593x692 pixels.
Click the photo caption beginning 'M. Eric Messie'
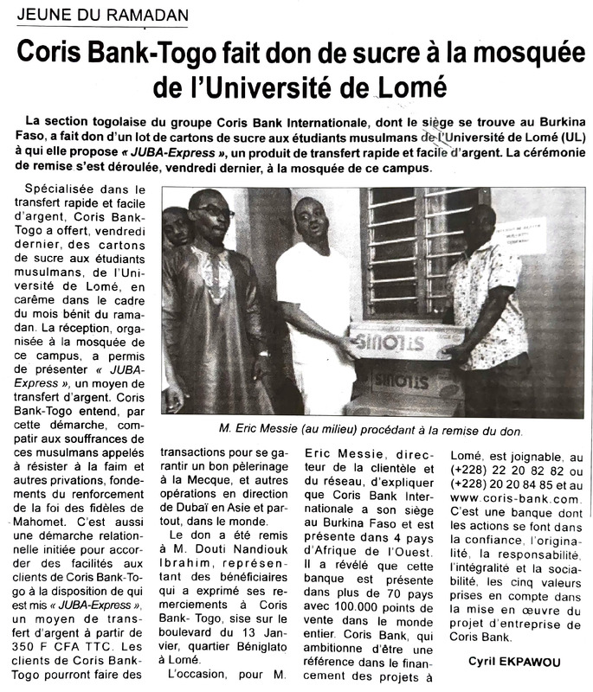[x=365, y=430]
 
